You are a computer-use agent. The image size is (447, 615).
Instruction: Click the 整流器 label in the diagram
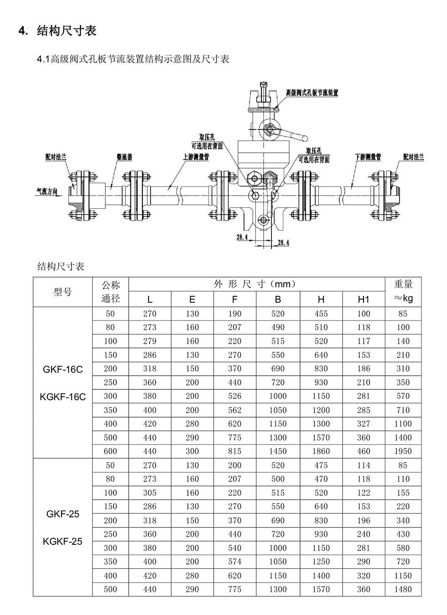[x=124, y=157]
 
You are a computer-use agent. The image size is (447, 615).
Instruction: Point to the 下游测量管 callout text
[x=368, y=157]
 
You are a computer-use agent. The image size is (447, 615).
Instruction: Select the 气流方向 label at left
[x=47, y=191]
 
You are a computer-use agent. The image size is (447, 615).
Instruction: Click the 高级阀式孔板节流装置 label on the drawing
[x=312, y=93]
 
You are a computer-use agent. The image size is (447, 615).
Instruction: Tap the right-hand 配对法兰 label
[x=413, y=157]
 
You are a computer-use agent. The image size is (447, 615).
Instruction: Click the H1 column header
[x=364, y=299]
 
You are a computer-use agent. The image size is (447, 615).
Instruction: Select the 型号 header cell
[x=62, y=292]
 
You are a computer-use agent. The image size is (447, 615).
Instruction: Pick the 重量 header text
[x=403, y=284]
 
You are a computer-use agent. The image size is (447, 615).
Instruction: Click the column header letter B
[x=278, y=299]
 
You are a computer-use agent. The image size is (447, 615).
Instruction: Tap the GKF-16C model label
[x=62, y=369]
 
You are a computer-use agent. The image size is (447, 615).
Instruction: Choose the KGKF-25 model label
[x=62, y=542]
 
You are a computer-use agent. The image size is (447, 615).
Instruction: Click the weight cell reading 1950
[x=403, y=451]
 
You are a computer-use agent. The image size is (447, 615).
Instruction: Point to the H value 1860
[x=321, y=451]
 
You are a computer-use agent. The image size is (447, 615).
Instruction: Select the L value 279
[x=150, y=341]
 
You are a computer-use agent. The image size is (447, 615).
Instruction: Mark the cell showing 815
[x=234, y=451]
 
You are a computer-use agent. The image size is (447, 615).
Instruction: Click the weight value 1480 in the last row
[x=403, y=589]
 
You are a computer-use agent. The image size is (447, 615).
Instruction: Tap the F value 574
[x=234, y=562]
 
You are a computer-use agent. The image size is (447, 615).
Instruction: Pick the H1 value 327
[x=364, y=424]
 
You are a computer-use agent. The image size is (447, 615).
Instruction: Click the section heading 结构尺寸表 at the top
[x=67, y=31]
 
